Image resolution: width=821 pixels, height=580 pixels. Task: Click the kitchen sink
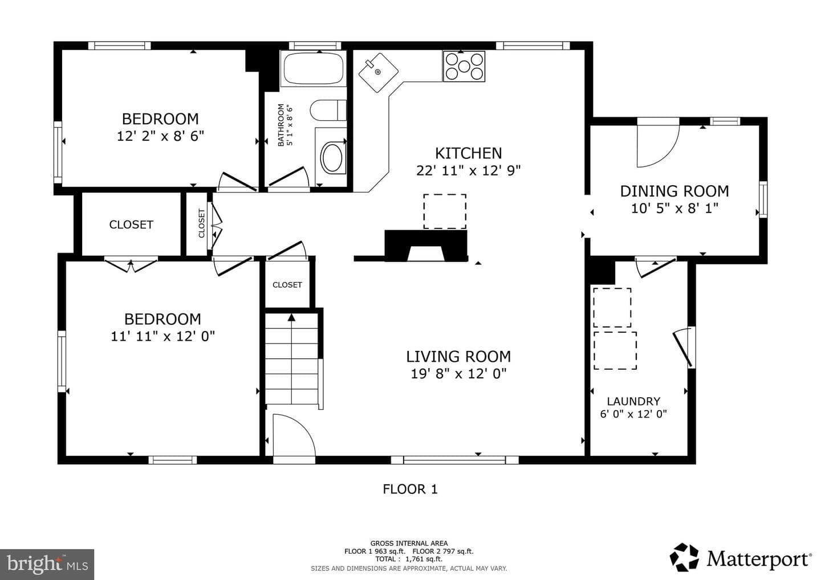378,72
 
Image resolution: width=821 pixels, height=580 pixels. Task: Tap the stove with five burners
464,66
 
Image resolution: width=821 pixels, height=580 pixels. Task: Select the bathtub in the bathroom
314,68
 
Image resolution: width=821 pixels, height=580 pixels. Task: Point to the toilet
328,110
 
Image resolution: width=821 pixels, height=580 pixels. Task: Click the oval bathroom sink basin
332,157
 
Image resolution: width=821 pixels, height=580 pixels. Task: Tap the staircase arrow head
291,317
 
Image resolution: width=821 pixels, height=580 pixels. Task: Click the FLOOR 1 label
410,489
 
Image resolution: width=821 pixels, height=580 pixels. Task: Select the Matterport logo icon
684,557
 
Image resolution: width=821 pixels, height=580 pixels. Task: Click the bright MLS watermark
47,564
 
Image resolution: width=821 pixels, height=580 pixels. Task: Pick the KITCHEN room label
469,153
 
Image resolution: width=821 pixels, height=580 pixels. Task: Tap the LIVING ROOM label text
458,357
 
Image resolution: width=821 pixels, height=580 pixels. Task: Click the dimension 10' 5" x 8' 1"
675,209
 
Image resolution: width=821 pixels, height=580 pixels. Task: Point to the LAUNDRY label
634,401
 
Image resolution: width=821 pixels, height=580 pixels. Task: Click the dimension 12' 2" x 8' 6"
161,136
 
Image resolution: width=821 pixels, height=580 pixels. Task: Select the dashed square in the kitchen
445,211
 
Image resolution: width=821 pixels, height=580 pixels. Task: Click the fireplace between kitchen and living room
426,246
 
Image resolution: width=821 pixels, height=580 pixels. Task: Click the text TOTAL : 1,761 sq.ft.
409,559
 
